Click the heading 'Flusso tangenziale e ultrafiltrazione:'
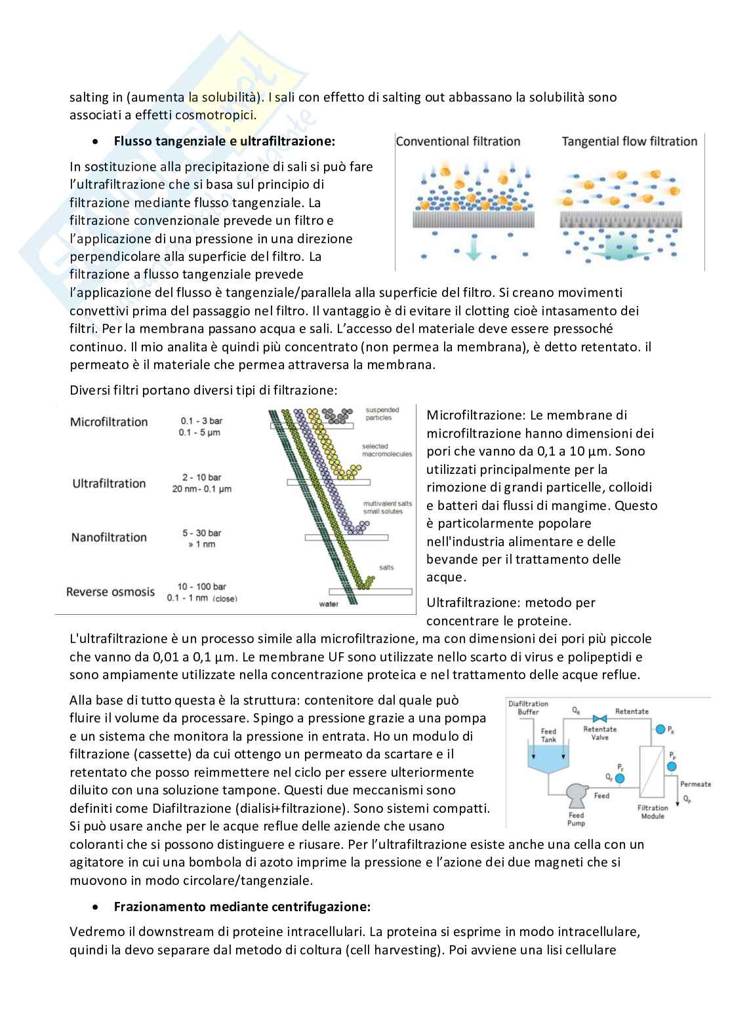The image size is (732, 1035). click(x=224, y=141)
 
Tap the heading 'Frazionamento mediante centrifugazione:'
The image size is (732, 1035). click(x=242, y=907)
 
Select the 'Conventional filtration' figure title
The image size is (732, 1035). click(x=458, y=141)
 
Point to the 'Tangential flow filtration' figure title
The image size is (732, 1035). click(x=629, y=141)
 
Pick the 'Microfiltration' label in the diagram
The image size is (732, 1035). click(x=109, y=421)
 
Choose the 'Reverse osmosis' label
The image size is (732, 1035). click(x=110, y=591)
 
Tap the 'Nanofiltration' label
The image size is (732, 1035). click(x=109, y=537)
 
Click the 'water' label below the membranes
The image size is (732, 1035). click(x=328, y=604)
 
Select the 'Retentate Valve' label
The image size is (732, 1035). click(x=600, y=733)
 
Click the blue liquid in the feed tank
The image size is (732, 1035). click(x=548, y=759)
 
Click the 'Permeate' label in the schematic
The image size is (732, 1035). click(x=695, y=784)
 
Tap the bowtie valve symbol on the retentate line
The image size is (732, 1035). click(x=598, y=717)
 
